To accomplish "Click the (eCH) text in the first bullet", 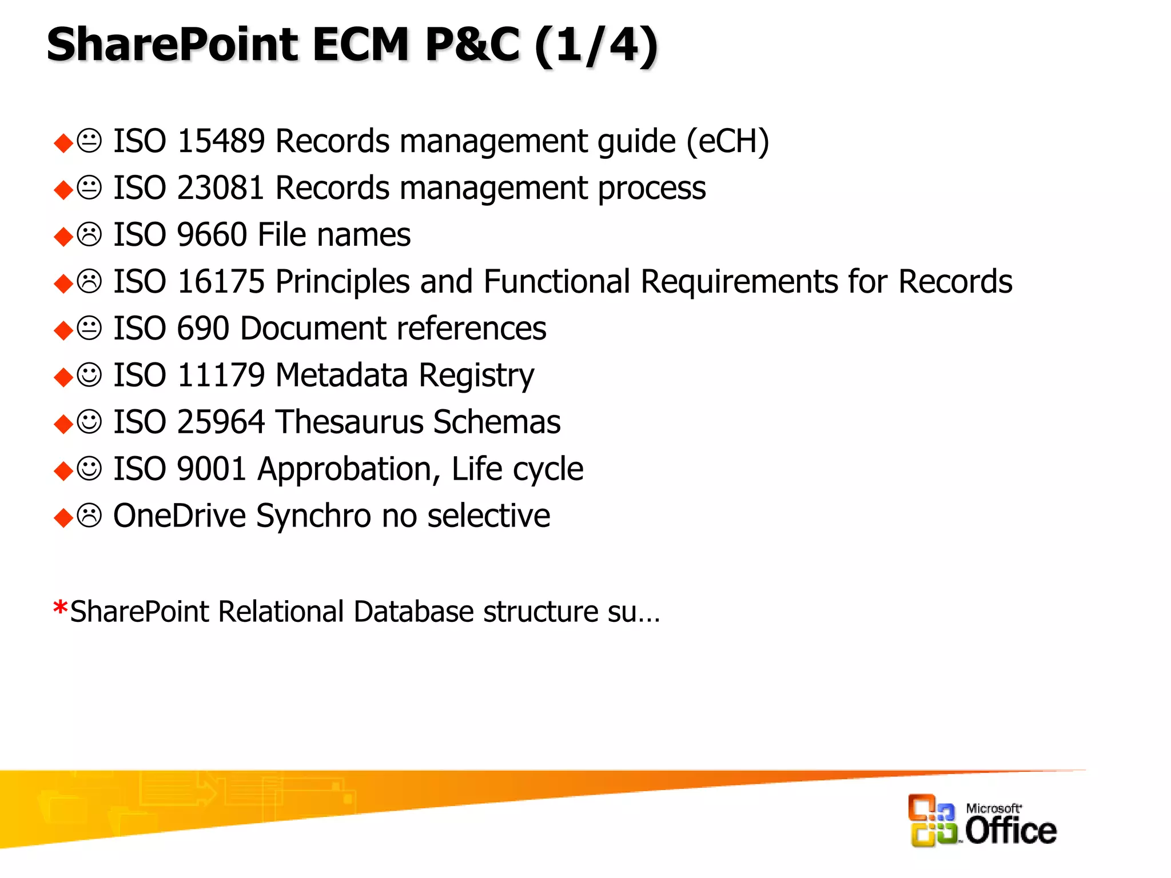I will coord(727,142).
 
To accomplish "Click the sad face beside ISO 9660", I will coord(89,234).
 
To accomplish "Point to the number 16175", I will coord(221,281).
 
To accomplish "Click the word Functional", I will coord(557,281).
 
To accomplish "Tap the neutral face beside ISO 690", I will coord(89,328).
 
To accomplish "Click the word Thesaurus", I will coord(350,422).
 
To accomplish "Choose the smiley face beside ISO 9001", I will coord(89,469).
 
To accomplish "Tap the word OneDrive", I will coord(180,516).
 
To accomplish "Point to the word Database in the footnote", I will coord(413,612).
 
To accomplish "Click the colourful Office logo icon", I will coord(932,820).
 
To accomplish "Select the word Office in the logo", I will coord(1010,831).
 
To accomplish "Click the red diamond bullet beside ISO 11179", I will coord(63,377).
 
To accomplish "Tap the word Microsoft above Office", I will coord(993,808).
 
